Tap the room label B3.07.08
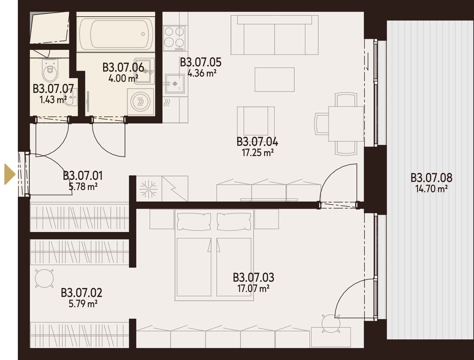[431, 178]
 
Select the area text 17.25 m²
[258, 153]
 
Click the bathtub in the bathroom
[116, 34]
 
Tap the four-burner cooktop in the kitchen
[174, 38]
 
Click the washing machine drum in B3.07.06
[141, 102]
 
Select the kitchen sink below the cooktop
[175, 83]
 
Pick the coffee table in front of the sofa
[275, 80]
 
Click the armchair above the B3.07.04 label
[256, 122]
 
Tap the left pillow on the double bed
[194, 222]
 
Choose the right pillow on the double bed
[234, 222]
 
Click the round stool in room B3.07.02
[44, 278]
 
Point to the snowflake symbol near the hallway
[149, 189]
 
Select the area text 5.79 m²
[83, 304]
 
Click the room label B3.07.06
[123, 67]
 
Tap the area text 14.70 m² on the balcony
[431, 189]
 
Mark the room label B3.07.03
[254, 277]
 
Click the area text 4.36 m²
[202, 73]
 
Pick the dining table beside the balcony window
[346, 124]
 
